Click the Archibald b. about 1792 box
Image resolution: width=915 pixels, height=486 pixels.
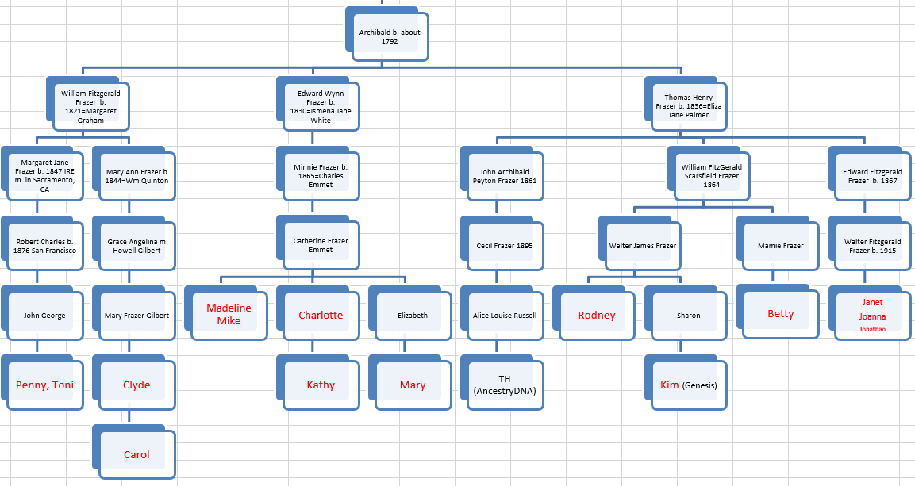(390, 36)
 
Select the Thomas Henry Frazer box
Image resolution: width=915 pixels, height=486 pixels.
(688, 106)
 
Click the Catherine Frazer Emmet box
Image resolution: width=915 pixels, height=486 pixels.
(321, 245)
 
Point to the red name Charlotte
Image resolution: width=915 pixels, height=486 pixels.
(321, 315)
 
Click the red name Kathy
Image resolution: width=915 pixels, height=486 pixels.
(321, 385)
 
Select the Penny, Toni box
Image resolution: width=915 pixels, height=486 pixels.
(44, 385)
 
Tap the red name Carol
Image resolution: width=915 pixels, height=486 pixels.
(136, 455)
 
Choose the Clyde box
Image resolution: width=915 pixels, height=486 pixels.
(136, 385)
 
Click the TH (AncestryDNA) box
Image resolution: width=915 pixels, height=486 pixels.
(505, 385)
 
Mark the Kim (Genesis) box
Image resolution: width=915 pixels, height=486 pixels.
(689, 385)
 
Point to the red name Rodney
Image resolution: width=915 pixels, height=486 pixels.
(597, 315)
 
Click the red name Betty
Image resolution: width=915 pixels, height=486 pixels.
(781, 314)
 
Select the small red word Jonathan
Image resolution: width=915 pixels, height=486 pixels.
(872, 329)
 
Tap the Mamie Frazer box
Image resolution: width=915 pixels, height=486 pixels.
(781, 245)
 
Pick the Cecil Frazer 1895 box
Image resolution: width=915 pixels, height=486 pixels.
(505, 245)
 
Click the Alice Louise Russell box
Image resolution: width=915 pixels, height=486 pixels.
(505, 315)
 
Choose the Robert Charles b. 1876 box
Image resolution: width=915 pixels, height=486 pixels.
(44, 245)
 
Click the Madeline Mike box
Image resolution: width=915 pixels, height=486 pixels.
(229, 315)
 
